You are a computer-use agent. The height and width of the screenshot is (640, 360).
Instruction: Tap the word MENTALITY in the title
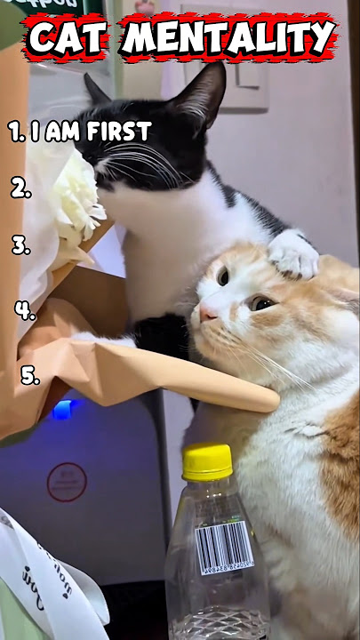(228, 38)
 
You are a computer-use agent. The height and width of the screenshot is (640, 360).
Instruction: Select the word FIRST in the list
(118, 132)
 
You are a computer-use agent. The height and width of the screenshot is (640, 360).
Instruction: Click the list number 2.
(20, 188)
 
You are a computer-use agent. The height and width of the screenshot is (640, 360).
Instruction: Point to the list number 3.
(20, 245)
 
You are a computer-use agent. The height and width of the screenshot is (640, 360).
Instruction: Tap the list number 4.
(24, 310)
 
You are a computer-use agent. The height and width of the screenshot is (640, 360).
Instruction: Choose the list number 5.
(30, 376)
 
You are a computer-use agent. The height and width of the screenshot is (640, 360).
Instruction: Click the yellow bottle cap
(207, 461)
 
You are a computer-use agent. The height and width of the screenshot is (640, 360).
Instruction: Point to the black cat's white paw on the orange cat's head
(293, 254)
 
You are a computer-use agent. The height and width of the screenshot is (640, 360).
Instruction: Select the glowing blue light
(62, 410)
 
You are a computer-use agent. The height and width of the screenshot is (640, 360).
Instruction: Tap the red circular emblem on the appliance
(67, 482)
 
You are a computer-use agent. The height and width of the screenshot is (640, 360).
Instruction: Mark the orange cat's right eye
(222, 276)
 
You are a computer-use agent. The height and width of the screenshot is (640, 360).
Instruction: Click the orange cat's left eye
(261, 303)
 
